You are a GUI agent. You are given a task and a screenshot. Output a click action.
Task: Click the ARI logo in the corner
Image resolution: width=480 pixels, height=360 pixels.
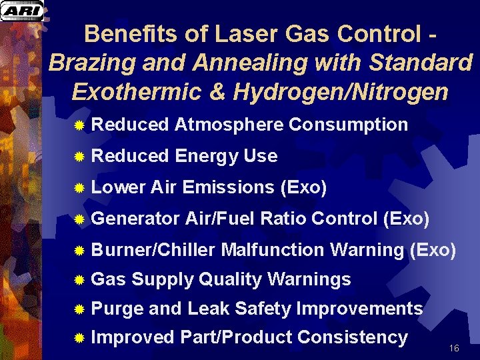pos(22,11)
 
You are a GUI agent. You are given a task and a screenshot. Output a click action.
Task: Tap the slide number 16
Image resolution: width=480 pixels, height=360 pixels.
pos(455,349)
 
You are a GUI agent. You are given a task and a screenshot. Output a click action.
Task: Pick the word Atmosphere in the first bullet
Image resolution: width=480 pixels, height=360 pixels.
pos(229,125)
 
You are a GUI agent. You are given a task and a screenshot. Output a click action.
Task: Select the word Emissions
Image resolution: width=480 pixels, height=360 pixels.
pos(227,187)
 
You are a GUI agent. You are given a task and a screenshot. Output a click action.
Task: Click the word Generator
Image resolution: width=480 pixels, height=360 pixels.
pos(136,219)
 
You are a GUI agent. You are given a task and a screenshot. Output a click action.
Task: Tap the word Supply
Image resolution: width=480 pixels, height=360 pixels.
pos(163,279)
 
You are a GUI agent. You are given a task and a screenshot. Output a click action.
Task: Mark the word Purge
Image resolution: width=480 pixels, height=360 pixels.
pos(117,309)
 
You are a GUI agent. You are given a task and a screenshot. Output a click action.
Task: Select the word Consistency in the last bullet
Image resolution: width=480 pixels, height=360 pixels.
pos(353,338)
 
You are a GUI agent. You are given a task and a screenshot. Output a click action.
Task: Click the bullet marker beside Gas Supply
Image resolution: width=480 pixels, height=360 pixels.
pos(79,280)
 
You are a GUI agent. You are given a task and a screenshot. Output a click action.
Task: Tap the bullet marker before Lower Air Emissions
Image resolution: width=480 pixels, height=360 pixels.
pos(79,188)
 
